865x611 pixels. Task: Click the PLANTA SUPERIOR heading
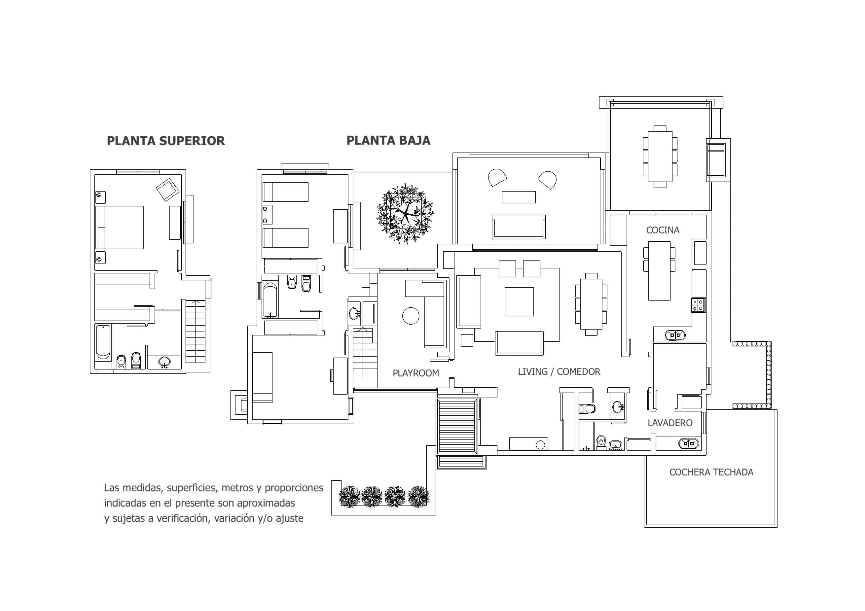coord(166,141)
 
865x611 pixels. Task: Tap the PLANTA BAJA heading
coord(389,140)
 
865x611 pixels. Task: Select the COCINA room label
coord(663,230)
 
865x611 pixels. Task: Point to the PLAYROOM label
coord(416,373)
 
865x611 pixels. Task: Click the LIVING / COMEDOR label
coord(559,372)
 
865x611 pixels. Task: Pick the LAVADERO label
coord(670,423)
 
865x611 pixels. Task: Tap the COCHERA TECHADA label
coord(711,472)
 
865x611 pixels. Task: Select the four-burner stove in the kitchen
coord(699,305)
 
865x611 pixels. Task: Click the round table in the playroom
coord(411,316)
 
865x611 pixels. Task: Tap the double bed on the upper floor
coord(120,228)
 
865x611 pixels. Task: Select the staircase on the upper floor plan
coord(195,331)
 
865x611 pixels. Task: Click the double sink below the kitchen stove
coord(675,334)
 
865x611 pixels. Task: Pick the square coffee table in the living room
coord(519,302)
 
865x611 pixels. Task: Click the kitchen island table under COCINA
coord(659,271)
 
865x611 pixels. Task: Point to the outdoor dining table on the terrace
coord(660,156)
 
